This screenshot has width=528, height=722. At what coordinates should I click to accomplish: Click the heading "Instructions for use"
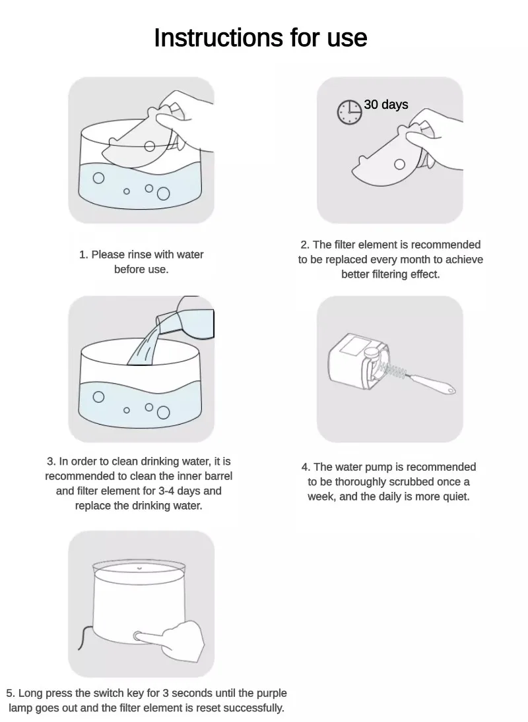pyautogui.click(x=260, y=38)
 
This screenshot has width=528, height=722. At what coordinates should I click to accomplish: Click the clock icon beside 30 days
pyautogui.click(x=349, y=111)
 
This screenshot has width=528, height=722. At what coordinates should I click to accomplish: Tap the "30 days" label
pyautogui.click(x=386, y=105)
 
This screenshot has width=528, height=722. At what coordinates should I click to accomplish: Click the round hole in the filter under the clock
pyautogui.click(x=399, y=164)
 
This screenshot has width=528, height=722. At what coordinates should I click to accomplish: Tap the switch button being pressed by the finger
pyautogui.click(x=137, y=636)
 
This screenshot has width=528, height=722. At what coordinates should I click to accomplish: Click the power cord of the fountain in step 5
pyautogui.click(x=84, y=638)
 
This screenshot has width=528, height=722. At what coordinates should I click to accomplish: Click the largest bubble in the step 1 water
pyautogui.click(x=163, y=195)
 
